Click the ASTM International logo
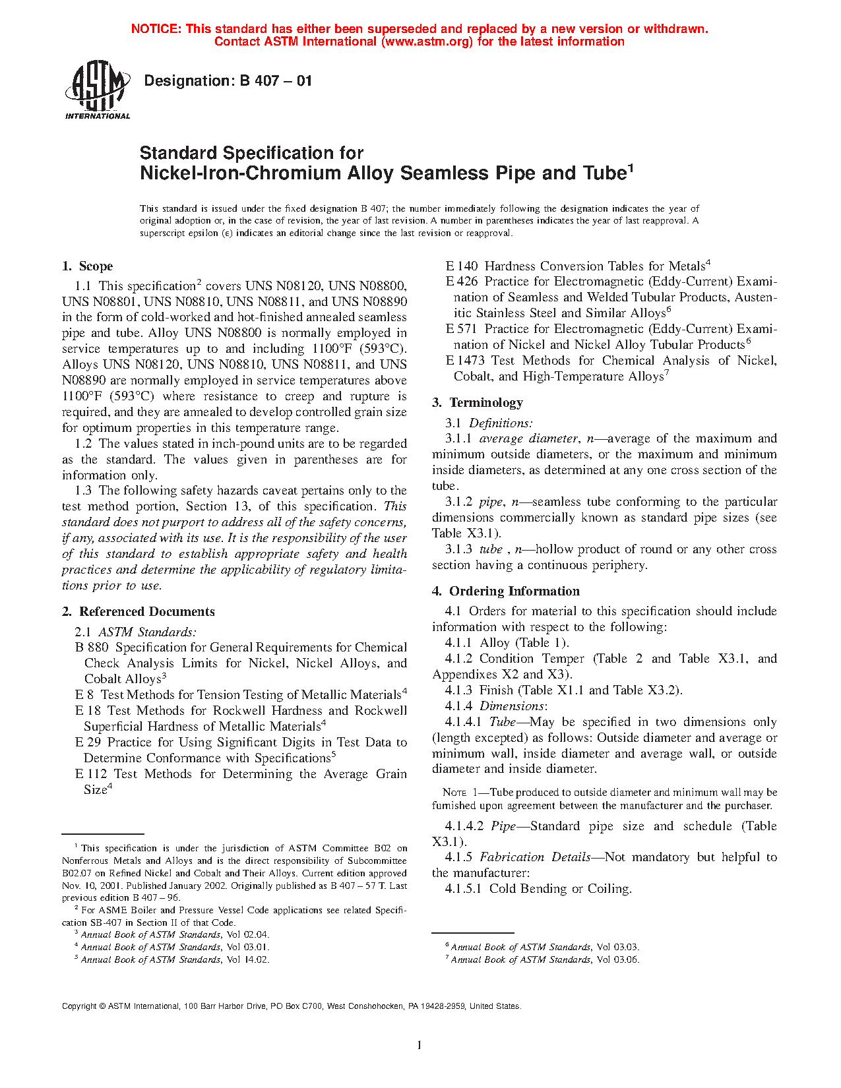click(98, 90)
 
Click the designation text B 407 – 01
click(228, 81)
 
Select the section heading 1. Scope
click(87, 266)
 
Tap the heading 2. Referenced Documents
click(138, 612)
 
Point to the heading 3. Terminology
click(478, 403)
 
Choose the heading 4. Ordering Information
click(506, 591)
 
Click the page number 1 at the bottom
click(420, 1044)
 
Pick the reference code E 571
click(461, 329)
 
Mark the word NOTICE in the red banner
click(156, 29)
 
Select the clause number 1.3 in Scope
click(83, 491)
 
